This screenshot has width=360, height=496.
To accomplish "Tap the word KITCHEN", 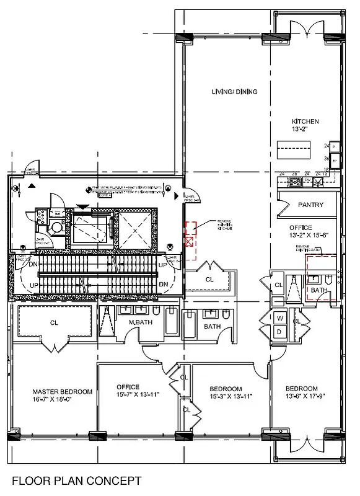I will click(305, 122).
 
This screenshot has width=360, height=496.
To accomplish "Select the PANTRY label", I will click(310, 205).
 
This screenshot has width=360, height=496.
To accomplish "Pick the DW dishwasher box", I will click(307, 181).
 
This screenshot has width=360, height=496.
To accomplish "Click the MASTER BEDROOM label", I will click(63, 392).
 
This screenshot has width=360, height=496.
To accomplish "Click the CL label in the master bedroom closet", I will click(54, 322).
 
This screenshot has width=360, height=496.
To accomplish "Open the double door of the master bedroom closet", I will click(55, 339).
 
